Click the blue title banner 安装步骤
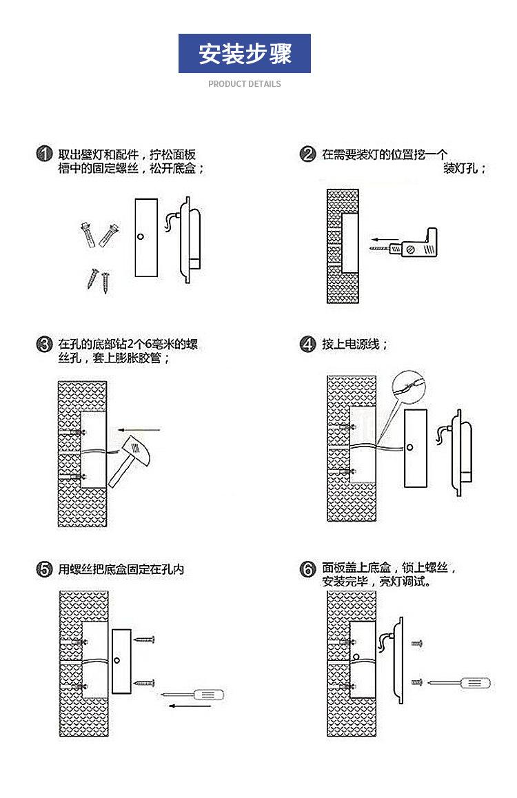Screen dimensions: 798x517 [x=245, y=53]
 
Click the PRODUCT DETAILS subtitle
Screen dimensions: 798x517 [x=245, y=84]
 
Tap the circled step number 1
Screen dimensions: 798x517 [x=45, y=154]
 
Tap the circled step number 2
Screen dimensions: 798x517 [x=308, y=154]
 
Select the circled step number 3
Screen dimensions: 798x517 [x=45, y=345]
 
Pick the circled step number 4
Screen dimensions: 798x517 [x=308, y=345]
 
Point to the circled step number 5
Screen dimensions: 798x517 [x=45, y=570]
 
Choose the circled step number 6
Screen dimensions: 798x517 [x=308, y=570]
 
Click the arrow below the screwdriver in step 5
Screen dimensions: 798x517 [x=190, y=706]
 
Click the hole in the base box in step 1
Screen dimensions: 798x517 [x=141, y=236]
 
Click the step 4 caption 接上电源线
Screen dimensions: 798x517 [x=354, y=345]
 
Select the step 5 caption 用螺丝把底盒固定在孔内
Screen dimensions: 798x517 [x=121, y=570]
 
